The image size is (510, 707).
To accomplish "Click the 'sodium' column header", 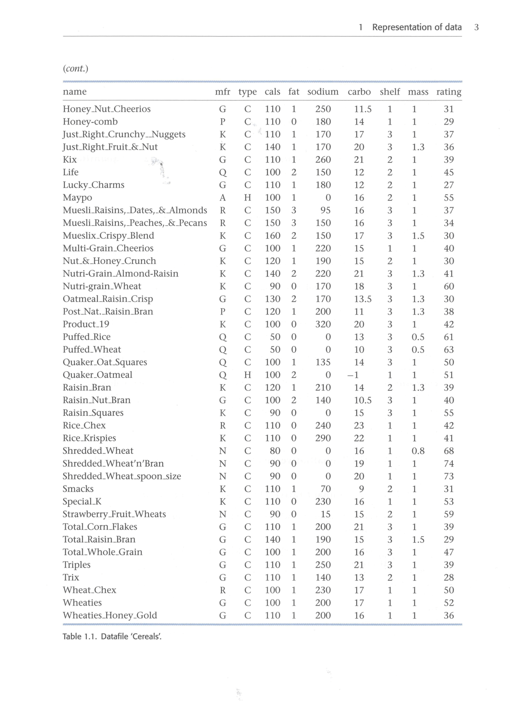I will coord(323,92).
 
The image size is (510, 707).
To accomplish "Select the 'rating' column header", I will coord(449,92).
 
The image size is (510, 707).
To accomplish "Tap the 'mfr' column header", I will coord(223,92).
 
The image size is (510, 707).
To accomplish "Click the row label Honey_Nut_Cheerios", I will coord(107,109).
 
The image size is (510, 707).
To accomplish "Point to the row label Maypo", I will coord(77,197).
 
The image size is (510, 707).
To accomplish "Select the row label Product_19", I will coord(86,324).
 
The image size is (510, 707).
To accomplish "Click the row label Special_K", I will coord(82,502).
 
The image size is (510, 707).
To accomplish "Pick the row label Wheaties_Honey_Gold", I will coord(110,615).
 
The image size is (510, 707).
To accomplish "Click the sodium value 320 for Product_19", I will coord(323,324).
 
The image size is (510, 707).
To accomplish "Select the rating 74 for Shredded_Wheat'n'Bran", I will coord(449,464).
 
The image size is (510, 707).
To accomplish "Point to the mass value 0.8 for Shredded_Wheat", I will coord(418,451).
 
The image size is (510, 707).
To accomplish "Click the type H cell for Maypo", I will coord(248,197).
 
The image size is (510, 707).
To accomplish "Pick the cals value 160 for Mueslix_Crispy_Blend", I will coord(273,235).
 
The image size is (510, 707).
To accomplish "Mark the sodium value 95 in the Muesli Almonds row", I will coord(325,210).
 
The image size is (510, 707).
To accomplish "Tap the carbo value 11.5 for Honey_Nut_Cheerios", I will coord(363,109).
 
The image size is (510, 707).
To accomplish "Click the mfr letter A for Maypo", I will coord(223,197).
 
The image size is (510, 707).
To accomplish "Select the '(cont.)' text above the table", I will coord(76,69).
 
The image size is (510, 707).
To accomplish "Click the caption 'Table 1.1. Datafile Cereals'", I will coord(112,637).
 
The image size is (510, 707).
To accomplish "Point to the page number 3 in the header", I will coord(476,27).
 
